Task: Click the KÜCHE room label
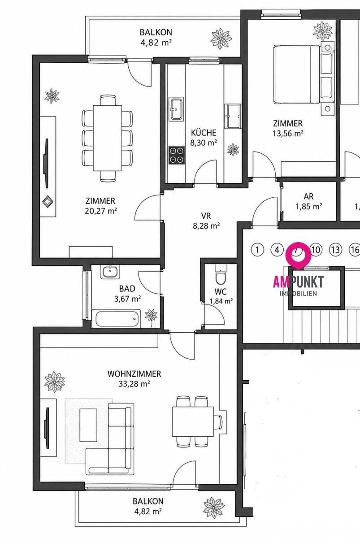(204, 133)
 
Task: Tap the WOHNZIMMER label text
(134, 374)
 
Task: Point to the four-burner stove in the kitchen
(177, 155)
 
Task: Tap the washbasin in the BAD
(110, 272)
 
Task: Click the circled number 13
(335, 250)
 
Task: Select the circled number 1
(257, 250)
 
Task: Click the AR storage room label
(308, 196)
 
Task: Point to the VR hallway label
(206, 216)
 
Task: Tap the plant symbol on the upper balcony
(221, 39)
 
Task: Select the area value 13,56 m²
(288, 133)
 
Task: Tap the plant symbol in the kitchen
(233, 150)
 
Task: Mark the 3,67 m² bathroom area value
(127, 299)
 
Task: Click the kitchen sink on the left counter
(177, 109)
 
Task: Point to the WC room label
(221, 291)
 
